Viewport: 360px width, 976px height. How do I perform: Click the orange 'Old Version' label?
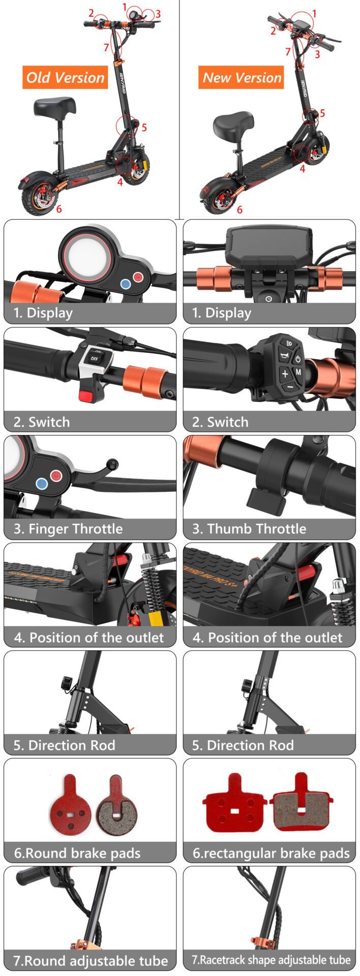65,77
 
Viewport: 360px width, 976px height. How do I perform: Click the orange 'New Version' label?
242,77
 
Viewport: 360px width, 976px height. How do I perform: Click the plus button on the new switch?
285,374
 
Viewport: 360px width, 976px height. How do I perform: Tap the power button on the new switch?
297,359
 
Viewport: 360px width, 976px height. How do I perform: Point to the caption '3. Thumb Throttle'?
249,529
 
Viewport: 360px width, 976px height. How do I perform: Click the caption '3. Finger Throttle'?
68,529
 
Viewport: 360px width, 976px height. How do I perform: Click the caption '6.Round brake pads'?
77,852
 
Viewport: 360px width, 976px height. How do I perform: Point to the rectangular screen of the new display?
269,247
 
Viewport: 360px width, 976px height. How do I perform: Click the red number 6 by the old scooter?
59,208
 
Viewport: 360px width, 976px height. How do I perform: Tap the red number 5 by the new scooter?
322,113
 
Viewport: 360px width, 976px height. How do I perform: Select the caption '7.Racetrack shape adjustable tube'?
271,960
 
